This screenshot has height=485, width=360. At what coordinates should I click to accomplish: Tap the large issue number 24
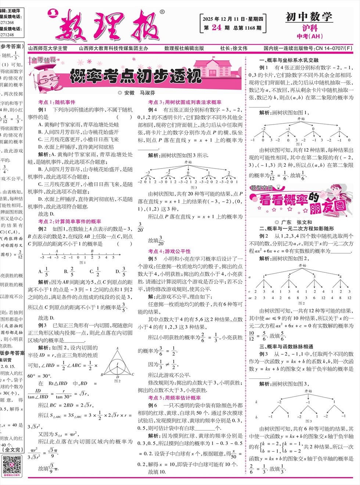pyautogui.click(x=216, y=28)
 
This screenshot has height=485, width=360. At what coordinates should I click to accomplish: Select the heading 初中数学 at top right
pyautogui.click(x=309, y=17)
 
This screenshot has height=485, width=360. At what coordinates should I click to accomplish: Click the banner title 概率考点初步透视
pyautogui.click(x=136, y=76)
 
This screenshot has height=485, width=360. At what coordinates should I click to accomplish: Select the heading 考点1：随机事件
pyautogui.click(x=57, y=102)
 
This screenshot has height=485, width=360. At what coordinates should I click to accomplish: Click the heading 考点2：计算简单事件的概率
pyautogui.click(x=69, y=221)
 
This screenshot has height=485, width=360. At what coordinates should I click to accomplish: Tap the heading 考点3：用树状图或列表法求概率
pyautogui.click(x=185, y=102)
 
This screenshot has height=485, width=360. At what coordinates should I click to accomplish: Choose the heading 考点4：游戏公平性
pyautogui.click(x=169, y=251)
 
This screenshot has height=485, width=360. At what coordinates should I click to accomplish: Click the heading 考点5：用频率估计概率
pyautogui.click(x=174, y=398)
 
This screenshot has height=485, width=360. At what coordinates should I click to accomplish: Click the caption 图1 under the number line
pyautogui.click(x=82, y=263)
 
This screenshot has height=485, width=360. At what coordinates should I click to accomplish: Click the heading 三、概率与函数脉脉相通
pyautogui.click(x=286, y=346)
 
